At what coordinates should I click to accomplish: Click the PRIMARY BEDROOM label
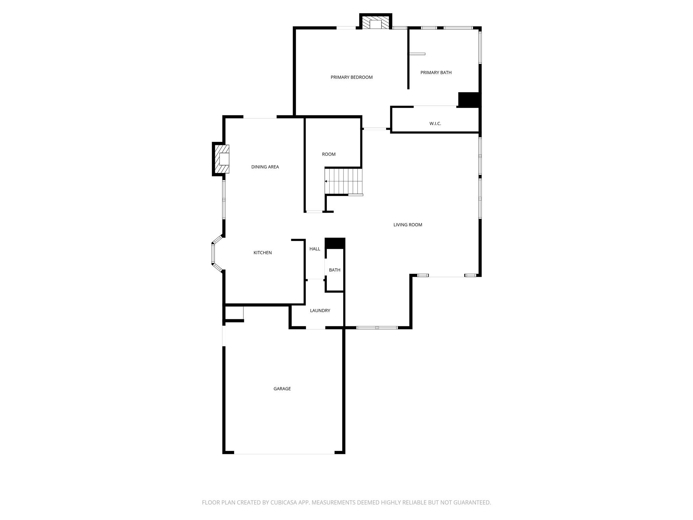352,77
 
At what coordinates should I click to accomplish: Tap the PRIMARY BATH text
436,72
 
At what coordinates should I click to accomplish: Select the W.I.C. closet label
435,124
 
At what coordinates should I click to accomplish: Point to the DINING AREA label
265,167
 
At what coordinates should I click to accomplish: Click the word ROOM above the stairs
329,154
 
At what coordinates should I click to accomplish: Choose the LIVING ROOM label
408,225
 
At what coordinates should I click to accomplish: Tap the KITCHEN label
263,253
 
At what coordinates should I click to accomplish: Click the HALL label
315,249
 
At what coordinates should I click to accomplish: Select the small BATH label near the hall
335,270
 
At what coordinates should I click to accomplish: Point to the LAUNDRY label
320,310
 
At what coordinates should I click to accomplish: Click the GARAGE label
282,389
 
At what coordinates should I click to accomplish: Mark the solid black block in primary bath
469,100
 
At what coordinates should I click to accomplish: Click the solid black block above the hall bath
335,243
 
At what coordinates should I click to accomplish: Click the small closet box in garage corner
234,313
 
